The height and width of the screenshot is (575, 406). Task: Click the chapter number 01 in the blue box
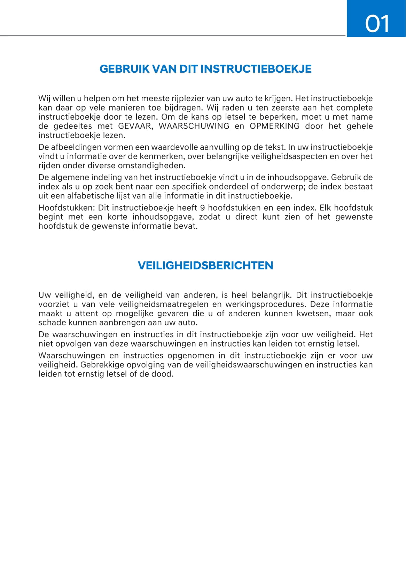point(377,24)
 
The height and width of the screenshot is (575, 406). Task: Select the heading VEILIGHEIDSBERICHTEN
point(205,266)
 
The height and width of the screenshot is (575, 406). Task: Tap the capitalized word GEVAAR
point(135,126)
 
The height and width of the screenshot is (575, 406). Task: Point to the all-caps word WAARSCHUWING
point(194,126)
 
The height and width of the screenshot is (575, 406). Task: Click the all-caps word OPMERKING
point(274,126)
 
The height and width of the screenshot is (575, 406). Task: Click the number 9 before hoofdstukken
point(203,208)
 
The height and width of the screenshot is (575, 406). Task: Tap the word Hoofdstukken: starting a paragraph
point(66,208)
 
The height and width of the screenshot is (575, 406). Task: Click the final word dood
point(163,374)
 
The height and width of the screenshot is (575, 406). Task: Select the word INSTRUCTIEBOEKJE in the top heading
point(256,69)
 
